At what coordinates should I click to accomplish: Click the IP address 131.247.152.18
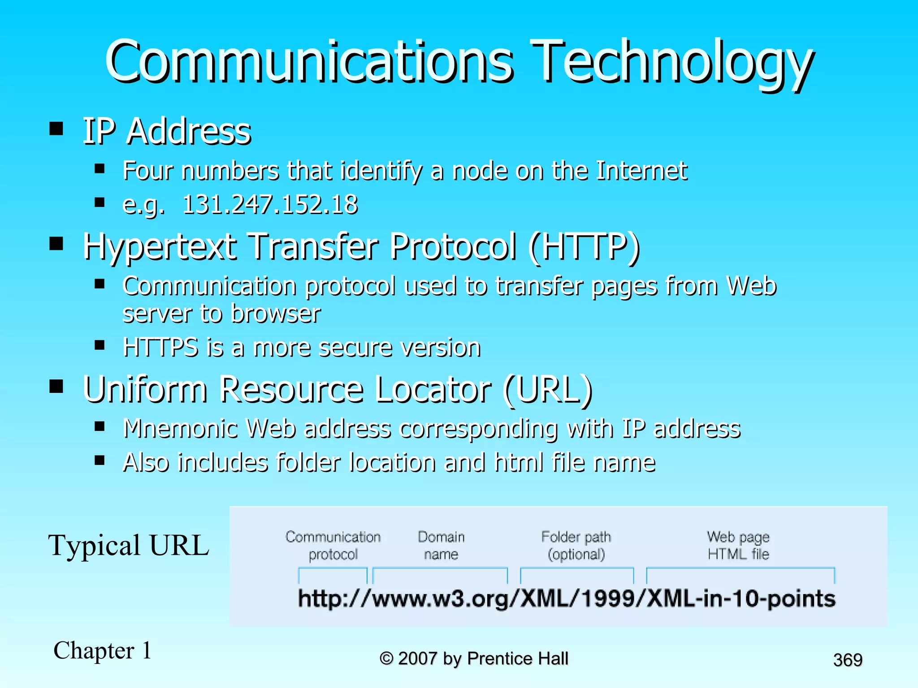(270, 205)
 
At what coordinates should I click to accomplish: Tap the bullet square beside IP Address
(56, 129)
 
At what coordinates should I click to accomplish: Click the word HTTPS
(160, 348)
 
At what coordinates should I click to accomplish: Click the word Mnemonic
(180, 428)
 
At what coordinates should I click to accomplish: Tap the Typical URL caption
(129, 546)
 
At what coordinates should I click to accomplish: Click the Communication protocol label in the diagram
(333, 545)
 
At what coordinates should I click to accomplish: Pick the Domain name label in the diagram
(441, 545)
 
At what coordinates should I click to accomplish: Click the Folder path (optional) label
(576, 545)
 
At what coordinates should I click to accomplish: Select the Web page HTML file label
(738, 545)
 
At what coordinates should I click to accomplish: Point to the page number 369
(848, 660)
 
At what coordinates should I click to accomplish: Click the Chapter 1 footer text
(103, 650)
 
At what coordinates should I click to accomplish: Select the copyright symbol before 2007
(386, 658)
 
